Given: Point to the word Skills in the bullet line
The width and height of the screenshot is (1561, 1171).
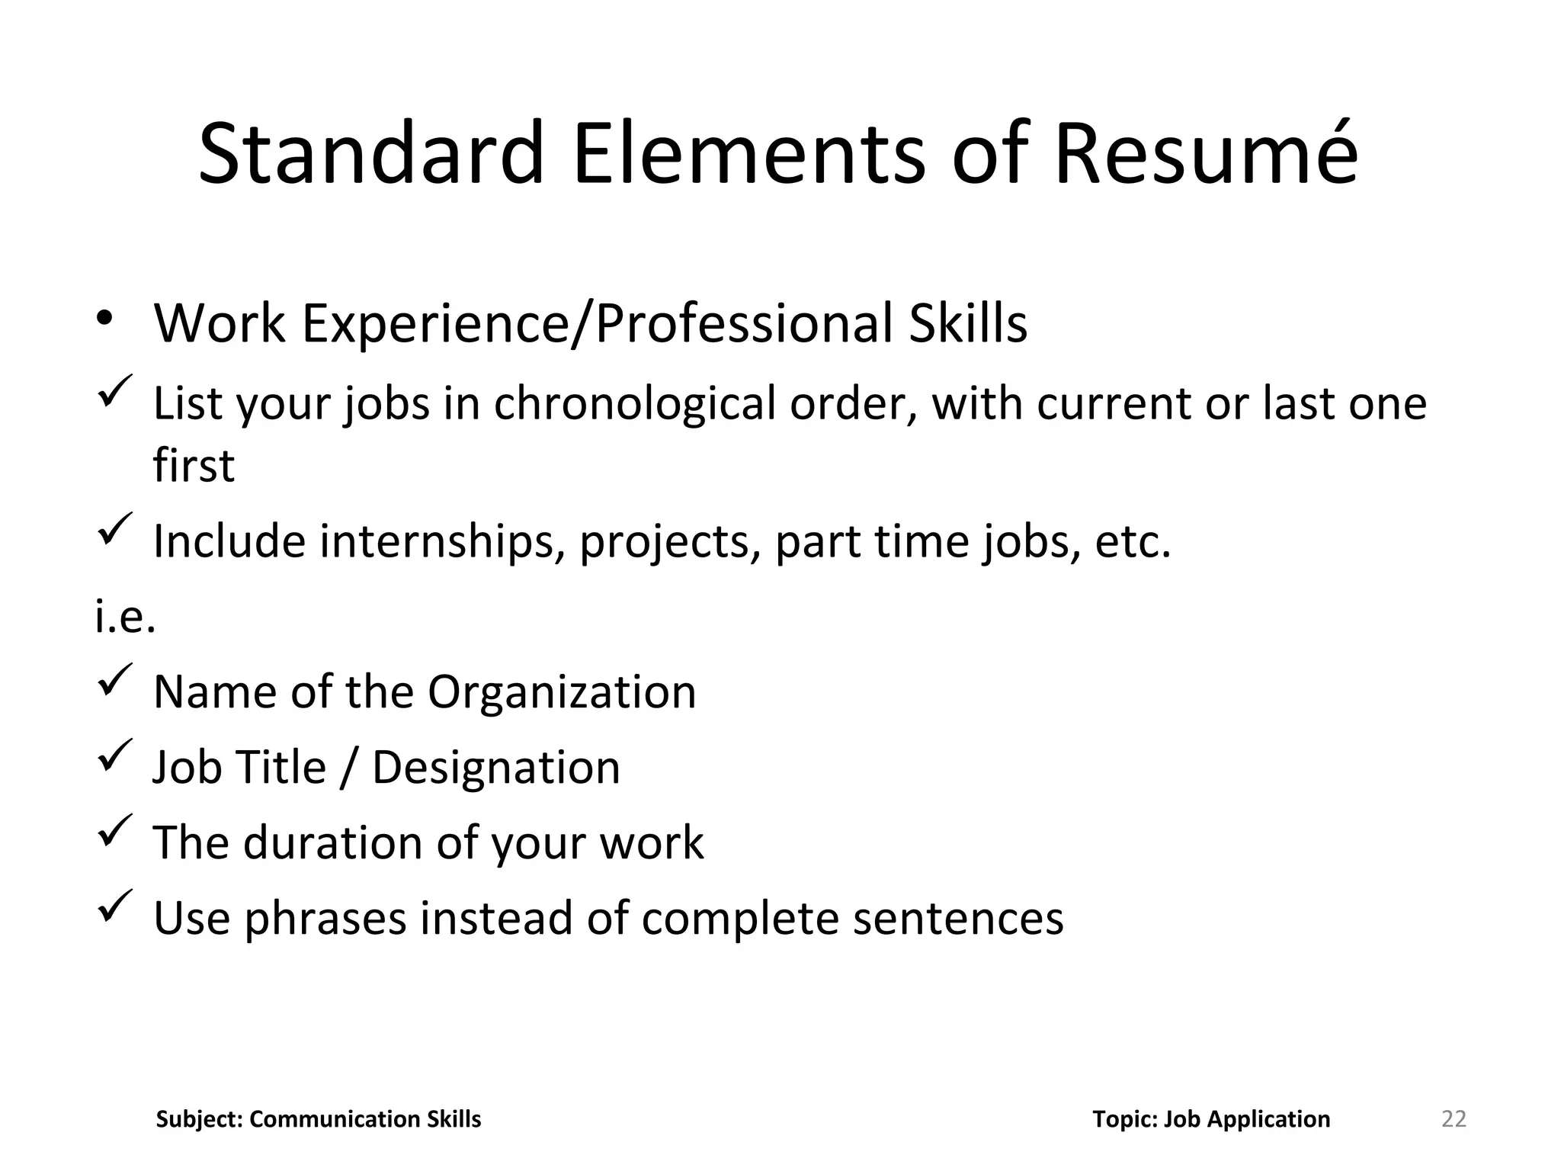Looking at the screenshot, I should pos(968,323).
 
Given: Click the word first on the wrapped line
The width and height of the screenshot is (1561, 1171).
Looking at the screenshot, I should pos(194,465).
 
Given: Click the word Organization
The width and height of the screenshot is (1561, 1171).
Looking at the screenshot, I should pos(562,692).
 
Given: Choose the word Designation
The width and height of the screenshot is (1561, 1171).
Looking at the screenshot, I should pos(496,767).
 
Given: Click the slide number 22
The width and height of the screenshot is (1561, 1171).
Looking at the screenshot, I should pos(1454,1118).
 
